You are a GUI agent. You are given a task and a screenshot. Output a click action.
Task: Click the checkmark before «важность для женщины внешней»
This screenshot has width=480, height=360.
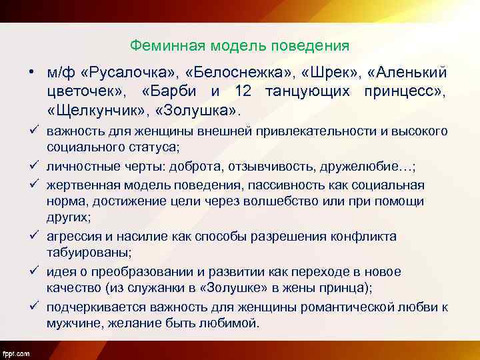tap(32, 131)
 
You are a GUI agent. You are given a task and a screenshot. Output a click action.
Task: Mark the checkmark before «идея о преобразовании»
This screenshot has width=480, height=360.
tap(32, 271)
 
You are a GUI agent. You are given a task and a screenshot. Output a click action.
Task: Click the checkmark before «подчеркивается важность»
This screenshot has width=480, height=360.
tap(32, 306)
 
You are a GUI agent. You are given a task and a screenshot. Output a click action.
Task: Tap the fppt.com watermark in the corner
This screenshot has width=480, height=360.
tap(15, 351)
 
